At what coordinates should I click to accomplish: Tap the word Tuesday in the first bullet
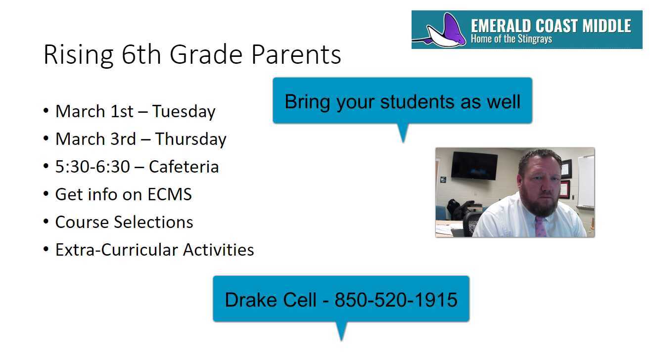tap(184, 111)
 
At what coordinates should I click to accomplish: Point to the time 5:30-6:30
tap(93, 167)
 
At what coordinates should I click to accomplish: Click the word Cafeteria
tap(184, 167)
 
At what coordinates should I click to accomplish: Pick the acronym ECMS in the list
tap(170, 194)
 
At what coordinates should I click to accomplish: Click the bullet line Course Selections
tap(124, 222)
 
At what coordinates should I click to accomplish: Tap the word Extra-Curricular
tap(117, 250)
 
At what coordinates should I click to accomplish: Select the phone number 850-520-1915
tap(396, 300)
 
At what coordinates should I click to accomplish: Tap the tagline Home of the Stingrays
tap(511, 39)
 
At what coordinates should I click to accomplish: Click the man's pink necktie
tap(540, 226)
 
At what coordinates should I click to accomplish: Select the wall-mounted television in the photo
tap(474, 165)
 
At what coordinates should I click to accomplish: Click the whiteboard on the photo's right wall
tap(586, 181)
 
